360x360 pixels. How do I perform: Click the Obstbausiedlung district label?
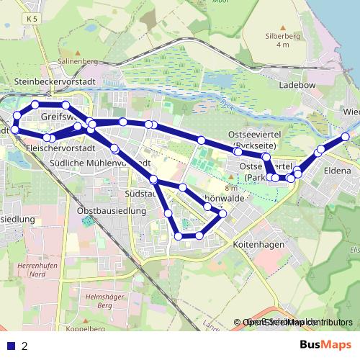112,212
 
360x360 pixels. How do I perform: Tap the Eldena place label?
337,172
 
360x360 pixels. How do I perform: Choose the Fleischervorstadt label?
60,148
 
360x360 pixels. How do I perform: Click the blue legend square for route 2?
10,346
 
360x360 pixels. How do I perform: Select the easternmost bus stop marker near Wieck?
346,137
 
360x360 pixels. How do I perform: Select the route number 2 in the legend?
25,346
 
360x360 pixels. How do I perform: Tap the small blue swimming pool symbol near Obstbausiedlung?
88,220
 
